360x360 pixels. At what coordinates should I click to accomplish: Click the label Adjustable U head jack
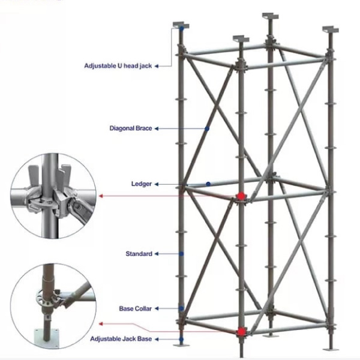118,66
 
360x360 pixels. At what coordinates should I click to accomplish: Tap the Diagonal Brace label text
131,128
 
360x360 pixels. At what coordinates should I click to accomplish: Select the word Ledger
142,184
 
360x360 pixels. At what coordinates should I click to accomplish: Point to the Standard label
139,254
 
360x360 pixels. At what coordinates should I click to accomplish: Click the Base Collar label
136,308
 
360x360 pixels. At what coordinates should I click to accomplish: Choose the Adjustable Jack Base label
121,339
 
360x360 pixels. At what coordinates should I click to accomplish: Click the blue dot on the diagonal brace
207,129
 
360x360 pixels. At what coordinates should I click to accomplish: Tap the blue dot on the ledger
208,184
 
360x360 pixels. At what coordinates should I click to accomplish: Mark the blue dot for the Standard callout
181,254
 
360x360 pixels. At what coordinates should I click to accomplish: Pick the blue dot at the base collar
181,308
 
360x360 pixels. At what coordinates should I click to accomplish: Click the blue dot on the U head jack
182,29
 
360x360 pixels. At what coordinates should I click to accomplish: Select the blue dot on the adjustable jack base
181,339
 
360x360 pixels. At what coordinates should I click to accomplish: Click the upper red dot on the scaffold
241,196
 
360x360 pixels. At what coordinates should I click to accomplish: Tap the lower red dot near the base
241,332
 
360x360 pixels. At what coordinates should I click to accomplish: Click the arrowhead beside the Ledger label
157,184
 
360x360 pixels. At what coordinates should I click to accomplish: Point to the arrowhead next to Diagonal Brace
157,128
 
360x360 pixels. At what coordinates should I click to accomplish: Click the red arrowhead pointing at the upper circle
101,196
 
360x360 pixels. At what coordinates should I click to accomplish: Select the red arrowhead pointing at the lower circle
101,324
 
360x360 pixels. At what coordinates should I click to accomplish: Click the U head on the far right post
331,29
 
